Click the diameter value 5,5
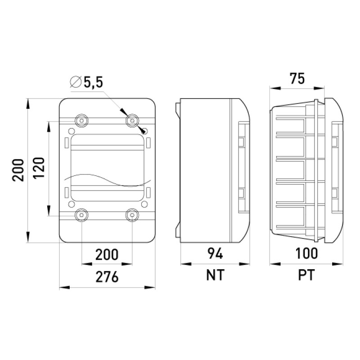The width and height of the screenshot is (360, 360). pos(93,82)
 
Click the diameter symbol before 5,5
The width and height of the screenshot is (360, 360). pos(76,81)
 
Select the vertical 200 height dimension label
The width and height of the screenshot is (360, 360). pos(18,170)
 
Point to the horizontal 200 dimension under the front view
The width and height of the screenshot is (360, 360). pos(107,254)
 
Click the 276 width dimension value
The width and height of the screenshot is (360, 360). pos(107,277)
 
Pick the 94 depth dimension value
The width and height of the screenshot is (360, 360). pos(215,254)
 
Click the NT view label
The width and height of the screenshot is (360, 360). pos(215,275)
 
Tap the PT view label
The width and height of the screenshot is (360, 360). pos(306,275)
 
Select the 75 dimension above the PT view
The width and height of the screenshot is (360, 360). pos(297,78)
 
